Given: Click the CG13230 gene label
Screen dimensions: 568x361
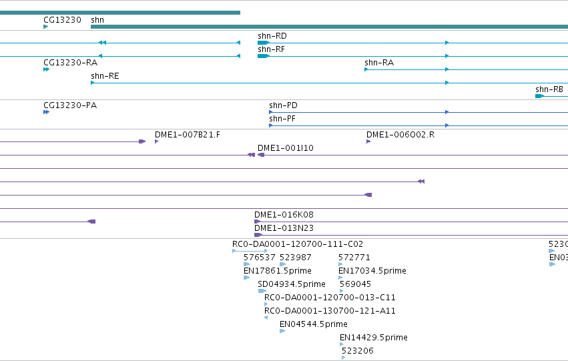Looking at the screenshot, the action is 62,20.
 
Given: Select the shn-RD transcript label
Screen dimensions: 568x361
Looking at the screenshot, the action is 272,36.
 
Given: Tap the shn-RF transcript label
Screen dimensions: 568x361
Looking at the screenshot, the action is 272,49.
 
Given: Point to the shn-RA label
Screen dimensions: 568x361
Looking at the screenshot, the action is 379,63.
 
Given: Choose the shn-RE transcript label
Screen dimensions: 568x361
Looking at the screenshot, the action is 105,76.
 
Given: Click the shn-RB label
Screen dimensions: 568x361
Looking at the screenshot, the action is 549,89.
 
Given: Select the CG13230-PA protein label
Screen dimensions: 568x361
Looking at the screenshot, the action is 70,105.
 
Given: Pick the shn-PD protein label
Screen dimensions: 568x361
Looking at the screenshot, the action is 283,105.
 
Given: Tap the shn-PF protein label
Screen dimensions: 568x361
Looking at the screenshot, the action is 282,119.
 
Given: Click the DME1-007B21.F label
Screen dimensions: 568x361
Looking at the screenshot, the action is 188,135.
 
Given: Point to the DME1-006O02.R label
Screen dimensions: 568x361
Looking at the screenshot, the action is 400,135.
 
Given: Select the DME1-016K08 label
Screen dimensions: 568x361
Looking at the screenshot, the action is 284,215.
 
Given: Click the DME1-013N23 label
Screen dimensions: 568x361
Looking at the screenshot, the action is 284,228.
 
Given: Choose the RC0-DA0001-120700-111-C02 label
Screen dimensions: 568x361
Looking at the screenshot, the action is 298,244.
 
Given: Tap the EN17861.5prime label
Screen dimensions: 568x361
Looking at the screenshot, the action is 278,271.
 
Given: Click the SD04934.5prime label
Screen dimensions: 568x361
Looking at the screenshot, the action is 292,284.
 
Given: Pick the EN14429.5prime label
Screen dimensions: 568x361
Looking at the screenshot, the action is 374,338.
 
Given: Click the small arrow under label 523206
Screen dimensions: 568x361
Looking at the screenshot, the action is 344,358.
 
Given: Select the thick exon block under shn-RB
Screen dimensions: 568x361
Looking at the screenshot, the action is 540,96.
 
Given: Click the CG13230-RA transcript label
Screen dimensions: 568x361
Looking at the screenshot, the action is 71,63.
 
